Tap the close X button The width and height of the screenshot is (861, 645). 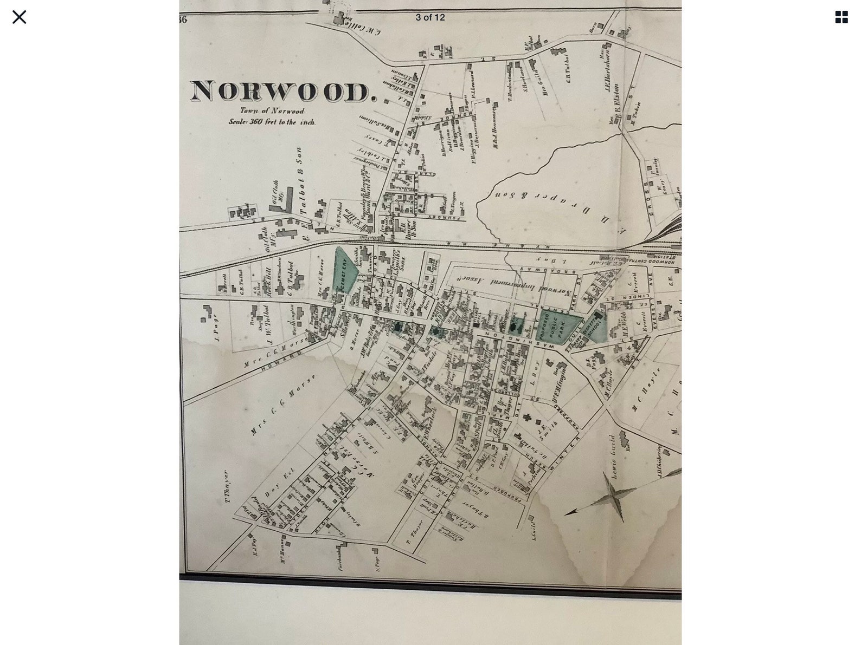pyautogui.click(x=19, y=17)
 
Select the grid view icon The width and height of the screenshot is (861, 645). pyautogui.click(x=841, y=17)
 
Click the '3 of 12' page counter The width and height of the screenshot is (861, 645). pyautogui.click(x=430, y=17)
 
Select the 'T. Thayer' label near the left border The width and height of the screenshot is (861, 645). pyautogui.click(x=227, y=486)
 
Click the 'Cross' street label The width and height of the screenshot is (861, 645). pyautogui.click(x=648, y=198)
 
